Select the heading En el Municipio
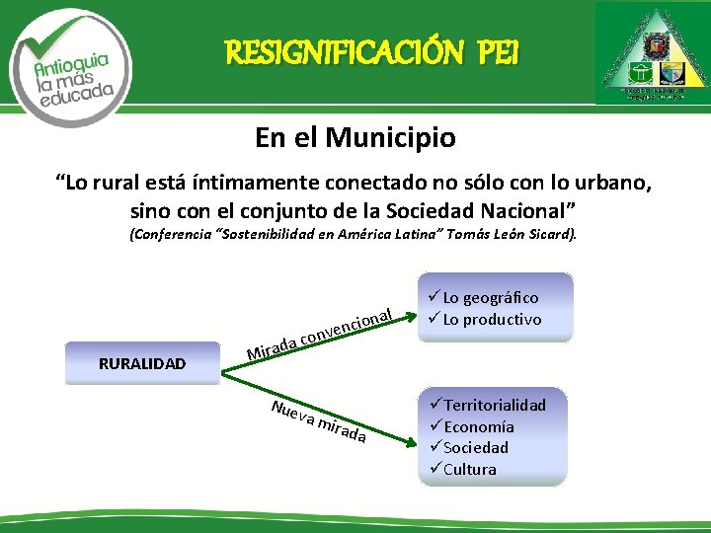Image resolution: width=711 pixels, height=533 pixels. [355, 137]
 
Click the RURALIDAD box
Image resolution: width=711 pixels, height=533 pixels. [142, 363]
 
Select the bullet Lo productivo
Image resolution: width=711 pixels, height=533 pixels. [492, 319]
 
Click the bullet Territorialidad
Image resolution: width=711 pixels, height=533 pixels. [495, 405]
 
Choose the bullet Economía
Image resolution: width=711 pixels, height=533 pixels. [479, 426]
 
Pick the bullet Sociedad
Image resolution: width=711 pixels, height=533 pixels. [476, 447]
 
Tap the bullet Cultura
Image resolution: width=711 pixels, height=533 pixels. [470, 469]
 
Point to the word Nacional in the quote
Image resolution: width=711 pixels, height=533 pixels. [528, 210]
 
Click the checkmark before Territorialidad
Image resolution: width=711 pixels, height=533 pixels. [435, 405]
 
